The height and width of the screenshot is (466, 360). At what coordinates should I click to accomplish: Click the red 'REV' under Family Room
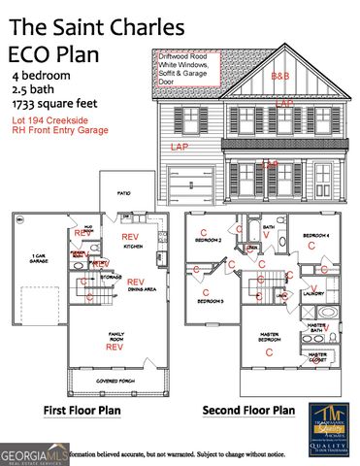click(x=115, y=346)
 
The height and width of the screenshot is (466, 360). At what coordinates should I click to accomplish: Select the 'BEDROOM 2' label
click(x=209, y=239)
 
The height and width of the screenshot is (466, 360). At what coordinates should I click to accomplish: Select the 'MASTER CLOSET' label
click(x=317, y=356)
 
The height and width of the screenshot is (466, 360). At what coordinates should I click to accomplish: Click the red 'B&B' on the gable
click(x=280, y=76)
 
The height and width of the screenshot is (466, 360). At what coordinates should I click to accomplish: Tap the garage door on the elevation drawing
click(x=190, y=184)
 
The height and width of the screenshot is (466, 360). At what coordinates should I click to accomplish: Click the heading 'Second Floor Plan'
click(x=247, y=411)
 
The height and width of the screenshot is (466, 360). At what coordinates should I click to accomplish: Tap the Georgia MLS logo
click(x=34, y=453)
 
